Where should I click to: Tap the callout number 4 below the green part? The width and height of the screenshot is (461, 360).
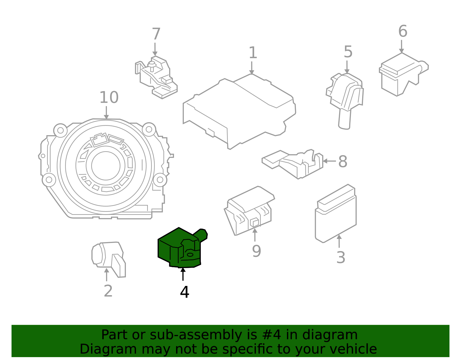pyautogui.click(x=184, y=292)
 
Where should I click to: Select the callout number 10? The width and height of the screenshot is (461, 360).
pyautogui.click(x=109, y=97)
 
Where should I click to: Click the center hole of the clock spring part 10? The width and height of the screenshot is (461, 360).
pyautogui.click(x=106, y=166)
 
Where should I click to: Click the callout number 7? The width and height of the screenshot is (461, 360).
pyautogui.click(x=156, y=34)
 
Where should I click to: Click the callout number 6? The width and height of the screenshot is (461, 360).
pyautogui.click(x=403, y=31)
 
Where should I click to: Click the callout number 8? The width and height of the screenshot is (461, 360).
pyautogui.click(x=343, y=161)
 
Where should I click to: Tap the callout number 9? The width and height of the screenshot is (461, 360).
pyautogui.click(x=256, y=251)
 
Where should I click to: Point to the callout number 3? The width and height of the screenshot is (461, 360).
pyautogui.click(x=341, y=257)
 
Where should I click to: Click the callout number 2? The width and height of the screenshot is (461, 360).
pyautogui.click(x=108, y=291)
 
